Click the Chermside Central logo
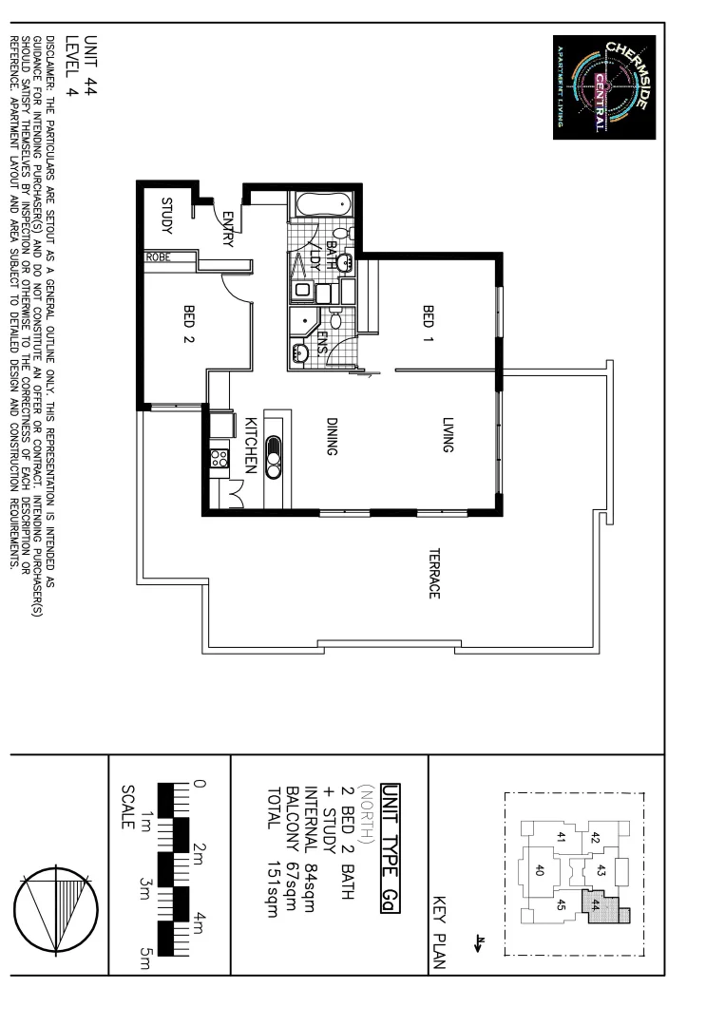[604, 87]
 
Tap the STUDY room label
[167, 218]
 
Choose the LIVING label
[448, 436]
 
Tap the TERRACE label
[433, 573]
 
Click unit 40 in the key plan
[540, 869]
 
